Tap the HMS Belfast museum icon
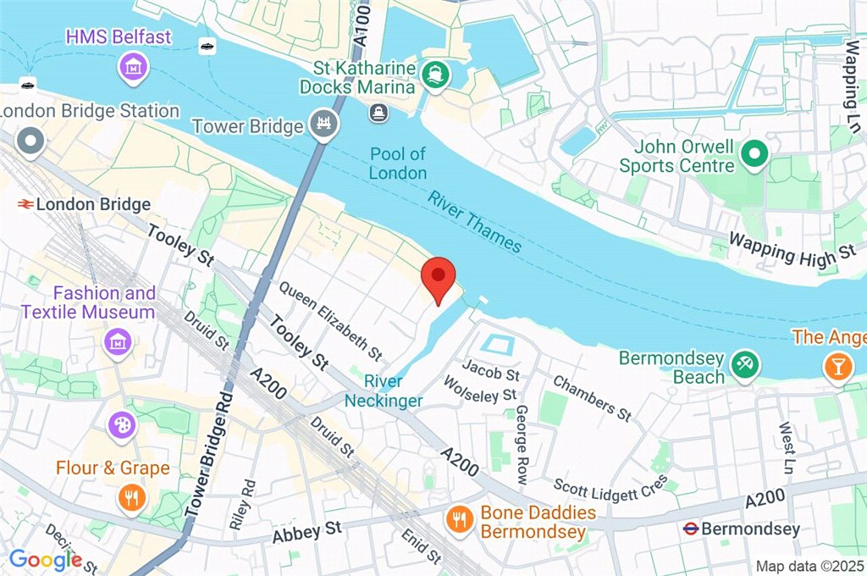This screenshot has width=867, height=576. (x=134, y=65)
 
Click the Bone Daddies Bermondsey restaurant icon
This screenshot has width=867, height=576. (x=459, y=518)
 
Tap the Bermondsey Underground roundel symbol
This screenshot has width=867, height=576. (x=691, y=529)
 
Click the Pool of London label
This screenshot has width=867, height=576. (x=398, y=163)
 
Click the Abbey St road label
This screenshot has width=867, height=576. (x=306, y=531)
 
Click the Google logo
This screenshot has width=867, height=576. (x=45, y=559)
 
